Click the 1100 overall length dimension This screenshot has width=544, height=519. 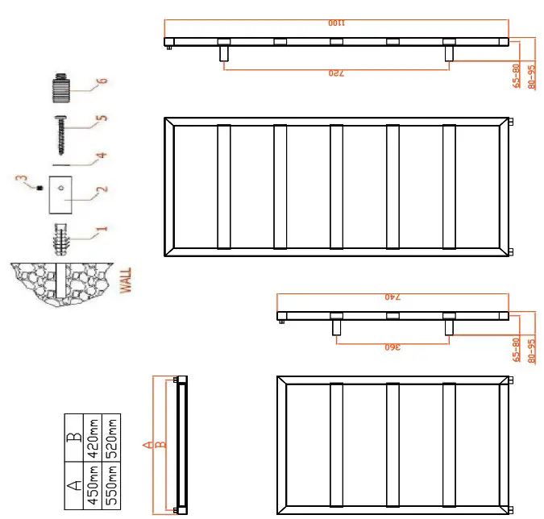coord(337,24)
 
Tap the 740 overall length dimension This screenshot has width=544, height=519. coord(392,297)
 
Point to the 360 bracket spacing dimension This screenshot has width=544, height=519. coord(392,347)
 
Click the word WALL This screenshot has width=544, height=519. coord(126,280)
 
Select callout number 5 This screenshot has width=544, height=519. coord(102,118)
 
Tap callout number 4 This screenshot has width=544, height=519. coord(102,155)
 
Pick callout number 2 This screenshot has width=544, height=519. coord(102,191)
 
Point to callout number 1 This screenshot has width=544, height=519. coord(102,229)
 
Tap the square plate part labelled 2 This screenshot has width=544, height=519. coord(61,194)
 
